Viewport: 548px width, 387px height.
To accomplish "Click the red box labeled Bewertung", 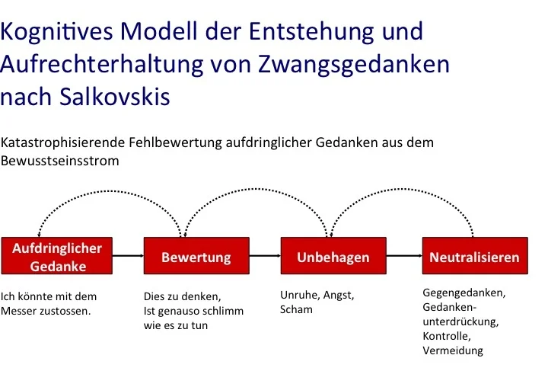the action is pyautogui.click(x=196, y=256).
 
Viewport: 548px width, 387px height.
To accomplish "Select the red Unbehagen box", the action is pyautogui.click(x=333, y=256).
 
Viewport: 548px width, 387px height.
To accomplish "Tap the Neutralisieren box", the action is pyautogui.click(x=475, y=256).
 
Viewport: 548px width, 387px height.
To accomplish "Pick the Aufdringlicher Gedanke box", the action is pyautogui.click(x=57, y=256).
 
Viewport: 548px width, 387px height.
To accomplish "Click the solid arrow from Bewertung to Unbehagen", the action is pyautogui.click(x=265, y=256).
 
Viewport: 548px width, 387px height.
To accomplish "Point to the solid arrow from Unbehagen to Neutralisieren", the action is pyautogui.click(x=404, y=256).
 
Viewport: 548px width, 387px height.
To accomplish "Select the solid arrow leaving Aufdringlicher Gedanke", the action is pyautogui.click(x=129, y=256).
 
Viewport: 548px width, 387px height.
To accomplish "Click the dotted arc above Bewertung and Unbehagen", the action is pyautogui.click(x=255, y=189).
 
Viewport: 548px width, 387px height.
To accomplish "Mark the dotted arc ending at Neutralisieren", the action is pyautogui.click(x=402, y=189).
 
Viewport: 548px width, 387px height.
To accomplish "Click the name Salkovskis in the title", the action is pyautogui.click(x=115, y=96).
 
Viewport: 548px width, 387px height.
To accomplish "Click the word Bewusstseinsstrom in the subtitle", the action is pyautogui.click(x=60, y=161).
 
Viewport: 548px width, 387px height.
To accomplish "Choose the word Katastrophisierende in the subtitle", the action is pyautogui.click(x=62, y=142).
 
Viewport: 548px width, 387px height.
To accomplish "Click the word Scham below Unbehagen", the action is pyautogui.click(x=296, y=309).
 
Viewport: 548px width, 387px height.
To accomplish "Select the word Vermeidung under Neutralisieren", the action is pyautogui.click(x=453, y=350).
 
